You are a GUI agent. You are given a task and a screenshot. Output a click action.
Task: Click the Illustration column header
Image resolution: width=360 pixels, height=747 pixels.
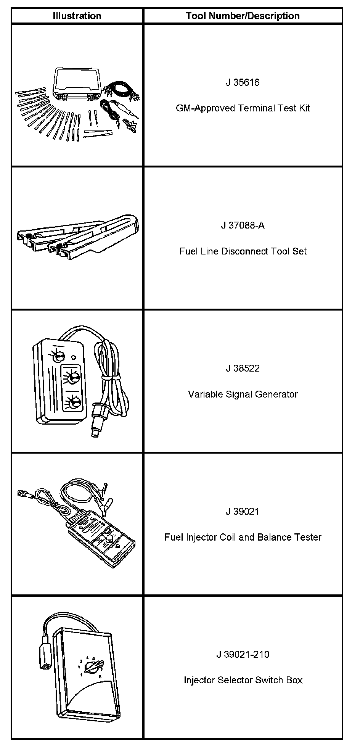(77, 16)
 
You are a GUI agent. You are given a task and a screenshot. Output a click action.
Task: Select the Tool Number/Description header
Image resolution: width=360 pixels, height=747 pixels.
(243, 16)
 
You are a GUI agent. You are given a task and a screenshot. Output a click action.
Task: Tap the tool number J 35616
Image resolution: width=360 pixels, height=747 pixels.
(243, 82)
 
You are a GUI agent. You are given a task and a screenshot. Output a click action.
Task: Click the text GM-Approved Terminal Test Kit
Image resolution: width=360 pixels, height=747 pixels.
(243, 108)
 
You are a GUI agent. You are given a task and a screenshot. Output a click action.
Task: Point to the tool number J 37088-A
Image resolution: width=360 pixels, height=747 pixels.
(243, 225)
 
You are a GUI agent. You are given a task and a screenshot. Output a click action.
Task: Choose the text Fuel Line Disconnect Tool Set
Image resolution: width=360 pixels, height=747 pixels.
(243, 251)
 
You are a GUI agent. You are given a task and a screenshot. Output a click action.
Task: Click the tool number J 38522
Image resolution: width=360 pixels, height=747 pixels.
(243, 368)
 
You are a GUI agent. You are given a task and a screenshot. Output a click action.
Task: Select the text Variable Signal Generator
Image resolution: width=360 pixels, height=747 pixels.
(243, 394)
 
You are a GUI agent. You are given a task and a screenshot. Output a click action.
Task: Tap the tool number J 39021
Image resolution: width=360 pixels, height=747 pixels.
(243, 511)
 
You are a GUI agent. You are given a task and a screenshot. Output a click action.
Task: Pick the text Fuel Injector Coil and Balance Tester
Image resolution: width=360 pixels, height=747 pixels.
(243, 537)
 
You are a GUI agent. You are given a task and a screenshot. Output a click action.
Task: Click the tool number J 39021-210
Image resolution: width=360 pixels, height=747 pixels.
(243, 654)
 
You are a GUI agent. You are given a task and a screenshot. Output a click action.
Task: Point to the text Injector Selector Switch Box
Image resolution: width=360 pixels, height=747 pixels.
(243, 680)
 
